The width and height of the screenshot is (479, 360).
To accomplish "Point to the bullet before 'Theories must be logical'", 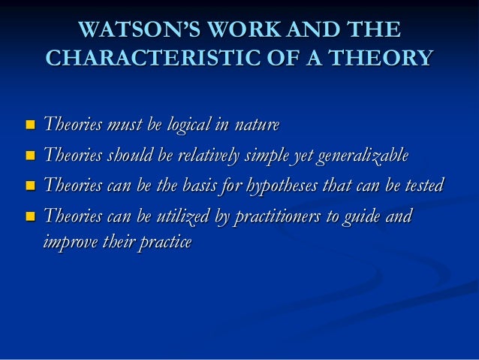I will click(x=29, y=124).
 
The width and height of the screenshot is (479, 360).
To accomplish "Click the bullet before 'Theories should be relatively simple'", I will click(x=29, y=156).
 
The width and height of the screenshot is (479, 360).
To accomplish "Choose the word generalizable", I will click(x=363, y=156).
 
